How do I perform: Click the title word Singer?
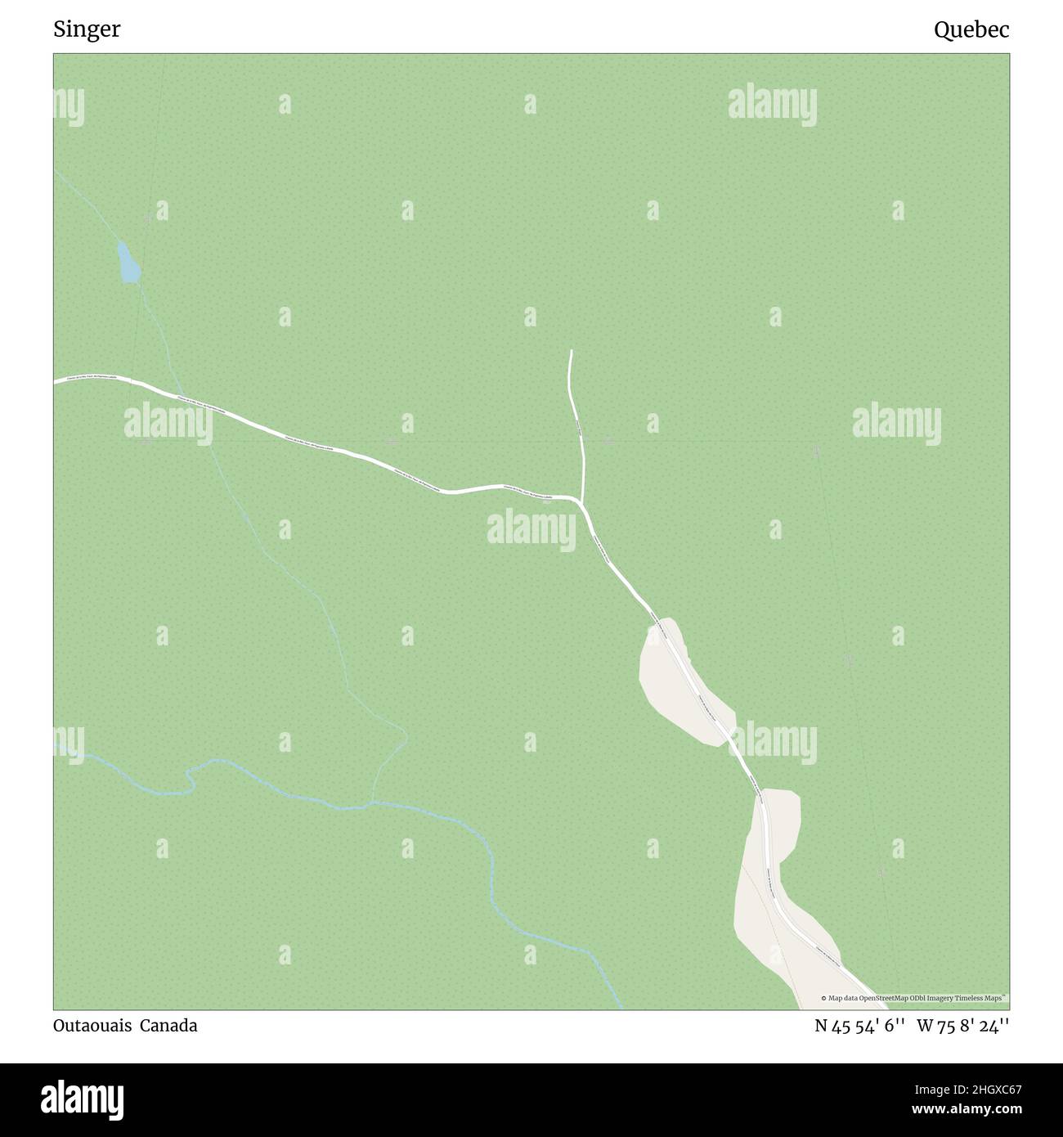tap(87, 30)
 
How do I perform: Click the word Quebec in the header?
tap(971, 30)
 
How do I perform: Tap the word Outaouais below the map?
tap(91, 1026)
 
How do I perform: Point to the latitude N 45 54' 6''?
tap(859, 1026)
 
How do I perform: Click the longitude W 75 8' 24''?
tap(963, 1026)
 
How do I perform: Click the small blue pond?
tap(128, 263)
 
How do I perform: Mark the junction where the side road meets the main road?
tap(580, 498)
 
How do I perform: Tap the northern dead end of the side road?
tap(571, 351)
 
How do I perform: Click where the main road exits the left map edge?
tap(56, 381)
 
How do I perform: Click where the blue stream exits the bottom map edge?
tap(621, 1008)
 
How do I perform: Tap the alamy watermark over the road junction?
tap(531, 530)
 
